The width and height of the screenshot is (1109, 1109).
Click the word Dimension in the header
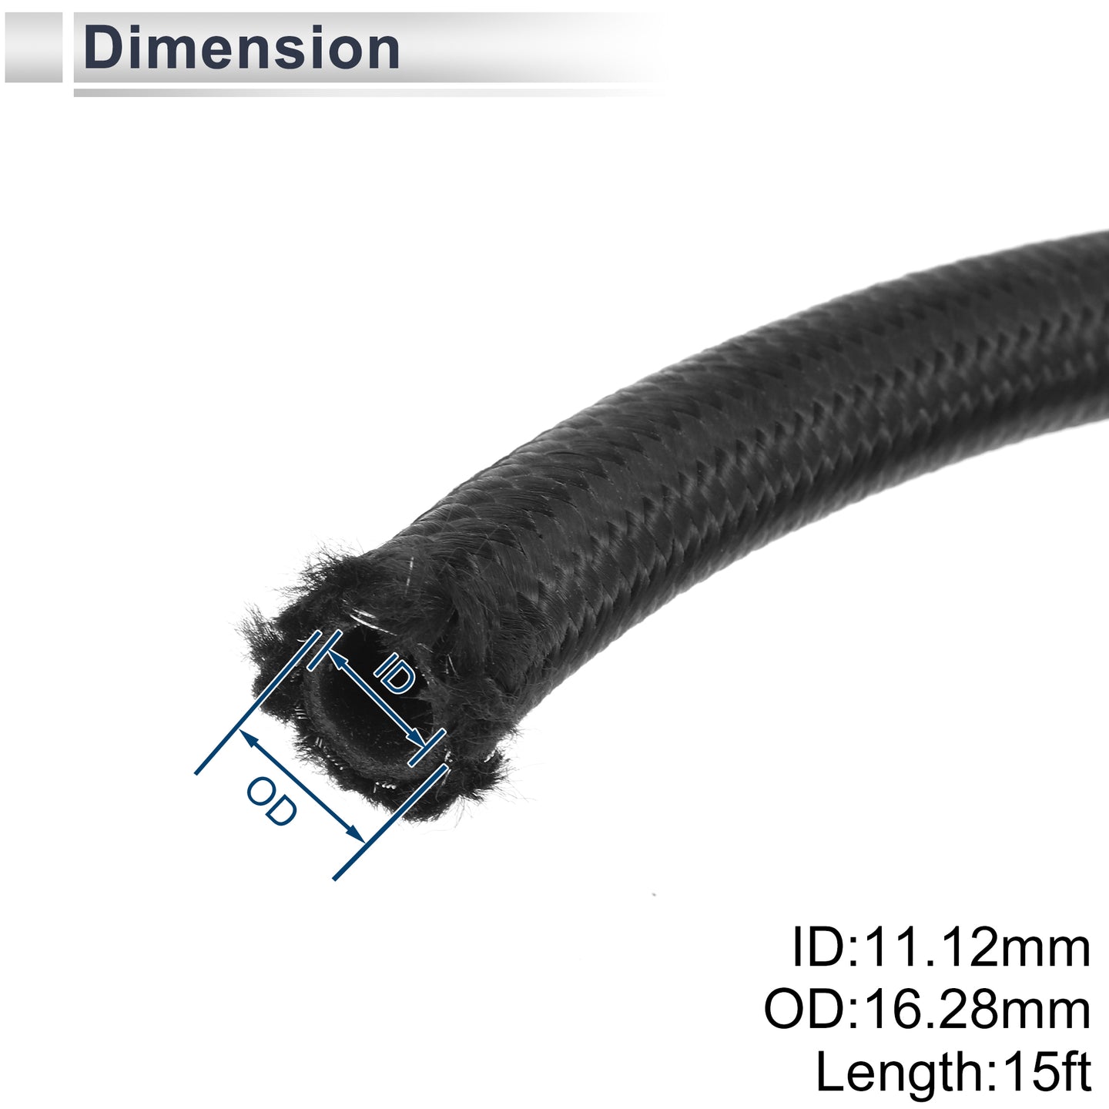[x=242, y=49]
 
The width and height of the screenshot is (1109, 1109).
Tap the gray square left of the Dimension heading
[x=33, y=48]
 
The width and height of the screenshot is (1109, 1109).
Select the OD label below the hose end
[x=272, y=802]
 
